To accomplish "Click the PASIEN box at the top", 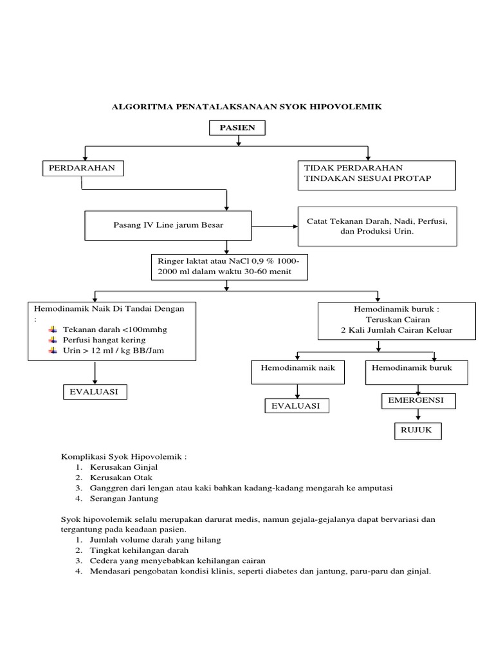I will click(x=237, y=129).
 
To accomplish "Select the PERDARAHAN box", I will click(x=83, y=169).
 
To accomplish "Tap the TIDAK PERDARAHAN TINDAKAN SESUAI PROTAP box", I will click(x=376, y=173).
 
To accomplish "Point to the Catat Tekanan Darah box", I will click(x=376, y=225).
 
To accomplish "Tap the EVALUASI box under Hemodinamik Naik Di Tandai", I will click(x=95, y=391).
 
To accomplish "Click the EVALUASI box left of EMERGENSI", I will click(x=297, y=405).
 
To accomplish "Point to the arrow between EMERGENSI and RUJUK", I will click(x=417, y=415).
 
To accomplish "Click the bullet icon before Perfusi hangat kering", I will click(x=52, y=340).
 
